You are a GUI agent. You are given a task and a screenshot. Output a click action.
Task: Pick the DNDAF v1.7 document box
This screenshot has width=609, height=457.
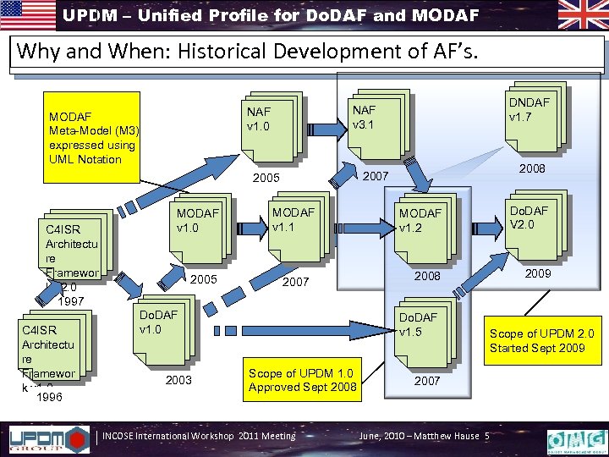pos(529,118)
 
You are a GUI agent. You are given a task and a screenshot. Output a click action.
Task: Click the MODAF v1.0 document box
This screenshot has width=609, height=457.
pos(198,228)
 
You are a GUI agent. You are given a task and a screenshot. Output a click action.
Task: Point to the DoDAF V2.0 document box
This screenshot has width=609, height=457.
pos(529,224)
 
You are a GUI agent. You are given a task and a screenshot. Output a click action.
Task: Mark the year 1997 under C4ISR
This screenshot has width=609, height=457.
pos(72,300)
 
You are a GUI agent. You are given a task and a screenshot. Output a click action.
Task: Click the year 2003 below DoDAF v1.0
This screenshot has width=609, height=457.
pos(178,381)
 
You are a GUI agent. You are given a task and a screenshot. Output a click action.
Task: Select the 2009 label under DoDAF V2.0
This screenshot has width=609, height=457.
pos(538,273)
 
